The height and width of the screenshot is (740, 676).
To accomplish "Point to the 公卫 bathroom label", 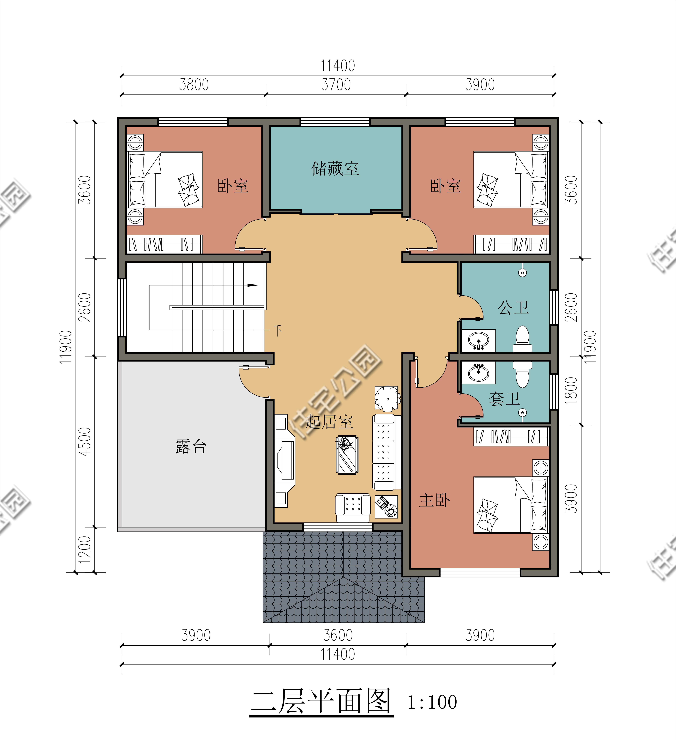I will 513,308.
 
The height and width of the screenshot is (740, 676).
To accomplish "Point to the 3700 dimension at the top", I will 336,85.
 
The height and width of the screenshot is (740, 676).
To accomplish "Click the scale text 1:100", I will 432,702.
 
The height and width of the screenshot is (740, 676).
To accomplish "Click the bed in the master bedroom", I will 510,505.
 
